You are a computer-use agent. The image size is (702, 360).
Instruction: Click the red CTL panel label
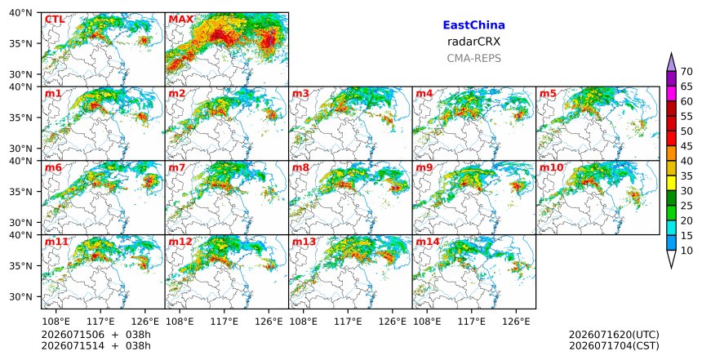point(54,20)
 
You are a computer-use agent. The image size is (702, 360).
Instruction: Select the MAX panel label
point(181,20)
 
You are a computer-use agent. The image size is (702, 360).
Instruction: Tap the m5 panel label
point(548,94)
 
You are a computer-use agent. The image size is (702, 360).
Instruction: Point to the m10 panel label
point(551,168)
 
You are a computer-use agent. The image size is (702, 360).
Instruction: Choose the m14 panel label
point(428,242)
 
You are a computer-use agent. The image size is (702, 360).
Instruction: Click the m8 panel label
point(300,168)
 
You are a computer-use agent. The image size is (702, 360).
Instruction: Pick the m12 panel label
point(180,242)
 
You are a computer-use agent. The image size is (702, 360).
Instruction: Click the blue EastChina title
point(473,25)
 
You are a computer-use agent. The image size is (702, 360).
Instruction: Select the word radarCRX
point(473,42)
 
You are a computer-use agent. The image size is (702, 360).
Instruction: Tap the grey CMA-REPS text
point(473,58)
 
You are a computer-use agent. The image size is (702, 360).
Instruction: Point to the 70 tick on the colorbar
point(686,72)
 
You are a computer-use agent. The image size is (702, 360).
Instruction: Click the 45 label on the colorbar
point(686,146)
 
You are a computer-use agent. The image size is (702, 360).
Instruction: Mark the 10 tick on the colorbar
point(686,251)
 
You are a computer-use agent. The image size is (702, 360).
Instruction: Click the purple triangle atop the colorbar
point(671,63)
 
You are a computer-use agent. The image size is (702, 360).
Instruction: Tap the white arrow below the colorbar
point(671,258)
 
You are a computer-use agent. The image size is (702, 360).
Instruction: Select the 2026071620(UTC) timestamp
point(614,335)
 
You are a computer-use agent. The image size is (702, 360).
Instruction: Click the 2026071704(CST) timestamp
point(614,345)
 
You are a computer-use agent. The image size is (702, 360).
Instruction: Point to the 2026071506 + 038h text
point(96,335)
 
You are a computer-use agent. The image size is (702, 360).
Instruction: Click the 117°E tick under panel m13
point(348,322)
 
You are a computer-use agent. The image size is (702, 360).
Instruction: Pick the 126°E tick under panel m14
point(516,322)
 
